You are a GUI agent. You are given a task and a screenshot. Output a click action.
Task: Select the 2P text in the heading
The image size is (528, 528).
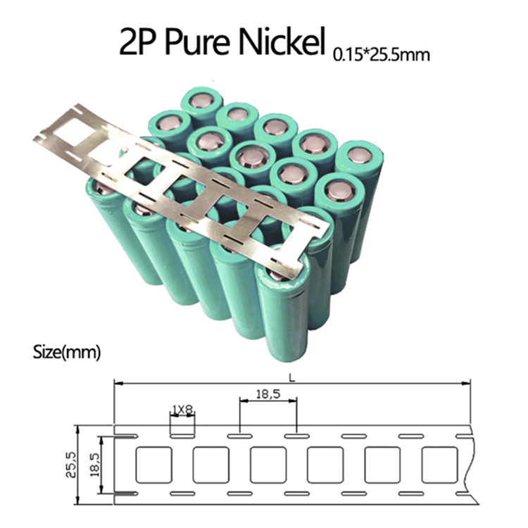click(139, 42)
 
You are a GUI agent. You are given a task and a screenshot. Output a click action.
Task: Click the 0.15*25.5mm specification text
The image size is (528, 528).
click(381, 54)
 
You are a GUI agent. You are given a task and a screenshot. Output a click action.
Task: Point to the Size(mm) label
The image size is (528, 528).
click(67, 352)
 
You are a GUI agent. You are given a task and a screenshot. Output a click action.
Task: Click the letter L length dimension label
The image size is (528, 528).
click(292, 378)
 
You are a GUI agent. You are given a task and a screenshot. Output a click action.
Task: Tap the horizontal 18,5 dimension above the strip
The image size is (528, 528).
click(268, 394)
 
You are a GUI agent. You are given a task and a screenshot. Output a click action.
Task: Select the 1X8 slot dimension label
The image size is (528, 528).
click(182, 410)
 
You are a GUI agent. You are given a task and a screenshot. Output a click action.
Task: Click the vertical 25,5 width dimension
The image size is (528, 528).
click(72, 465)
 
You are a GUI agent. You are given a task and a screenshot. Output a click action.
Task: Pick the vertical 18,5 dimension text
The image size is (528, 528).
click(95, 465)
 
